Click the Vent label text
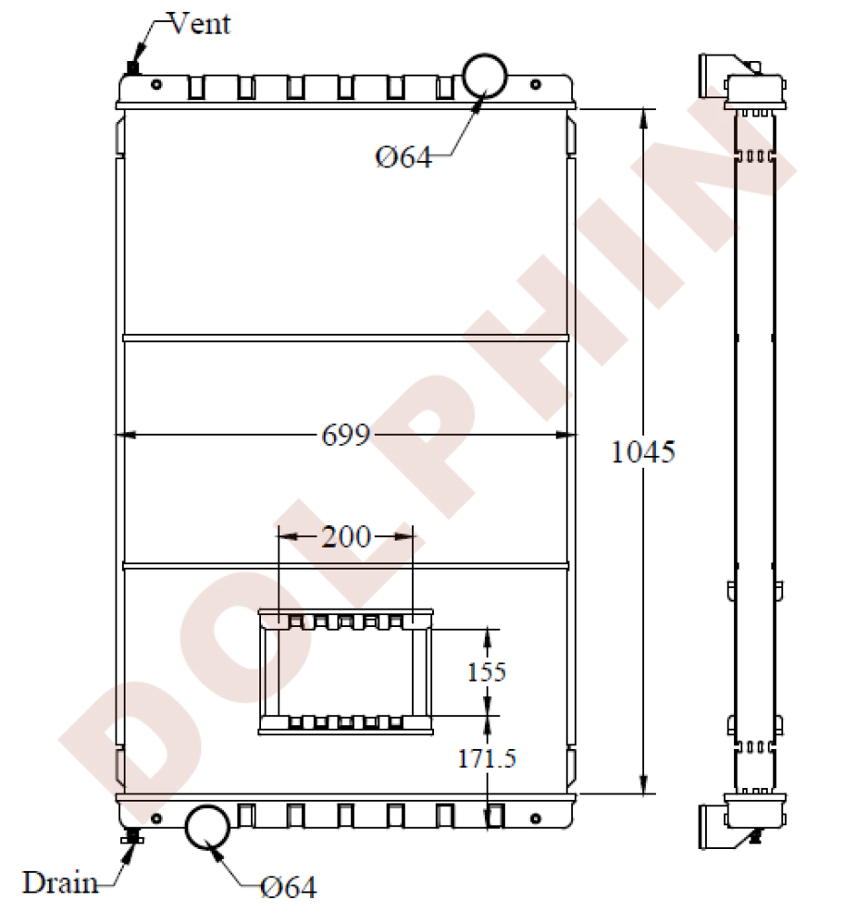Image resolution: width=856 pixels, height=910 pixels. (x=199, y=24)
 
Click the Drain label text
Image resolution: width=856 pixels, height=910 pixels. (x=61, y=882)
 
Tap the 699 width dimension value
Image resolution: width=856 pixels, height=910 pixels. (x=346, y=437)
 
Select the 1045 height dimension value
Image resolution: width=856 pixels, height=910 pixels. (x=643, y=451)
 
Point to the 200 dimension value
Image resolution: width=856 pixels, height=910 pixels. (x=346, y=537)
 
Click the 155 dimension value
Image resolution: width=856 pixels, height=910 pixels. (x=487, y=672)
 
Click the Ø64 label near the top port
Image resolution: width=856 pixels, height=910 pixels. (x=403, y=157)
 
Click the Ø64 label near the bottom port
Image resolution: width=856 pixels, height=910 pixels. (x=288, y=886)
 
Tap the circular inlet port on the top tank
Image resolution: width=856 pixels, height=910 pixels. (x=486, y=74)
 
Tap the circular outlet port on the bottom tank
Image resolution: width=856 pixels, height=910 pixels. (x=209, y=827)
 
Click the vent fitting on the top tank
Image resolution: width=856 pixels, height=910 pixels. (x=134, y=68)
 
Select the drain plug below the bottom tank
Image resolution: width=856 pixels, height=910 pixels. (x=133, y=837)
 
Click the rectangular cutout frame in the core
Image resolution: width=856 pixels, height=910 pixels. (x=345, y=672)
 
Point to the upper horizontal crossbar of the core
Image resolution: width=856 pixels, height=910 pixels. (x=346, y=338)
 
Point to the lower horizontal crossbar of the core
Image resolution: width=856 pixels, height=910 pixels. (x=346, y=565)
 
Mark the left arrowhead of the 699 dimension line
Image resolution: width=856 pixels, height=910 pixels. (x=125, y=437)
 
